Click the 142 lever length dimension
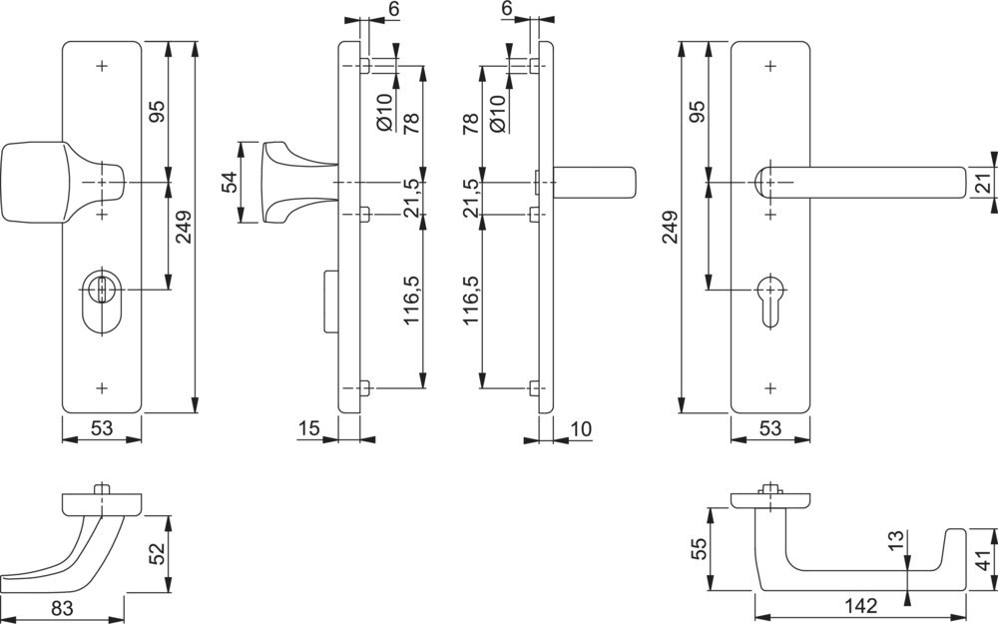[860, 604]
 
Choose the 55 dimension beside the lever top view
[699, 549]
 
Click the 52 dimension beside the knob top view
[157, 553]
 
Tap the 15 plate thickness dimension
[307, 428]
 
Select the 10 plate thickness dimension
[581, 428]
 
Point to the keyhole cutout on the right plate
[769, 299]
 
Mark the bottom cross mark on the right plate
[769, 386]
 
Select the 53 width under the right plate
[769, 428]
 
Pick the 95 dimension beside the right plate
[698, 110]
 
